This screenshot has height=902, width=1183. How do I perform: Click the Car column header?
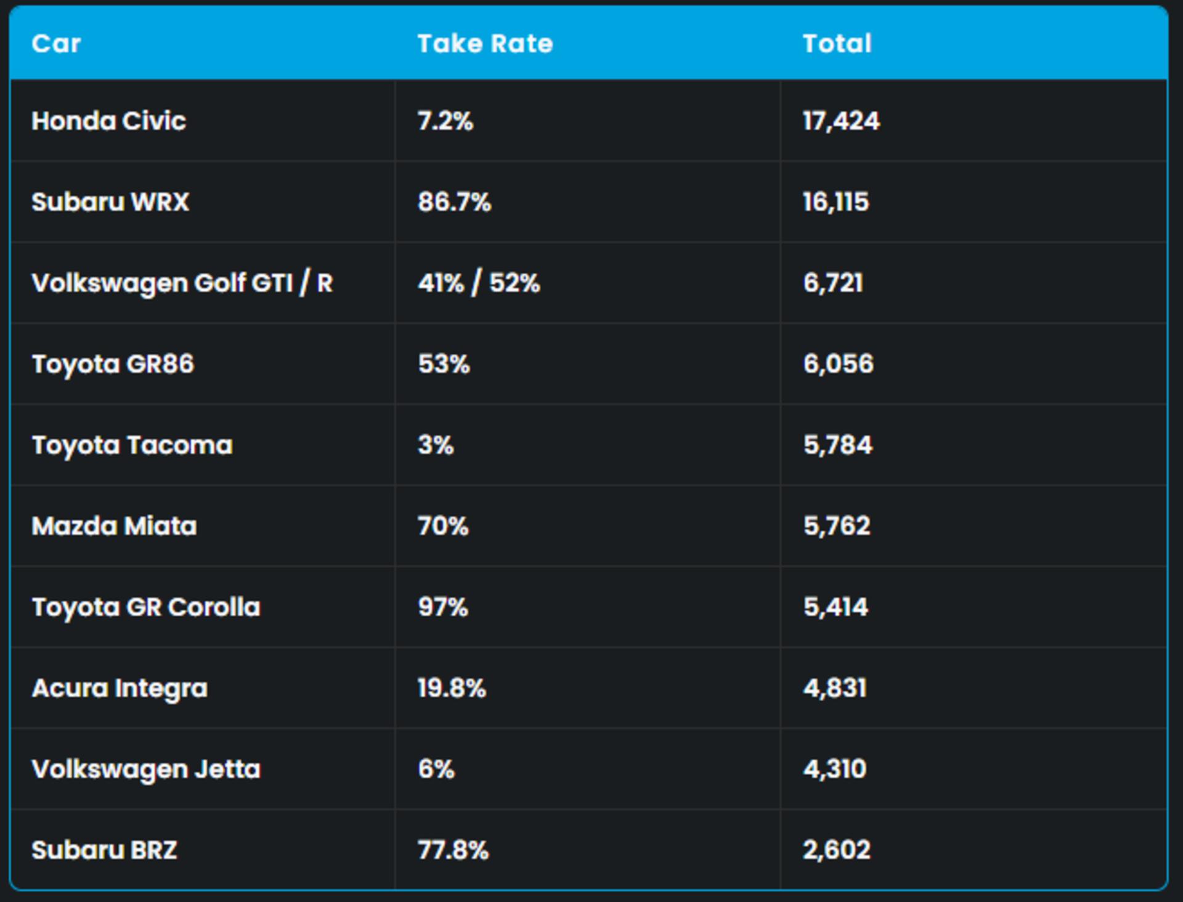(56, 44)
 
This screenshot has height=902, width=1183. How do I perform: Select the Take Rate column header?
(485, 44)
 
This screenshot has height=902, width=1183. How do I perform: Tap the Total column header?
(837, 44)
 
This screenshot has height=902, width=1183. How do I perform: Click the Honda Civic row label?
(108, 121)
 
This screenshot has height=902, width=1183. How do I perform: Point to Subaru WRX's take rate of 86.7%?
(454, 201)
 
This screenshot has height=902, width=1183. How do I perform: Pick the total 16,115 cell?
(835, 201)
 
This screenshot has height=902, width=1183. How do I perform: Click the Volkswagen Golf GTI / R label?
(182, 283)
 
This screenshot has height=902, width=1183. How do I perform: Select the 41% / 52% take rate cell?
(479, 283)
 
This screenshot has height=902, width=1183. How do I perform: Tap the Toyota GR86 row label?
(113, 364)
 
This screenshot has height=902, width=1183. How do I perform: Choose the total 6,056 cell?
(838, 364)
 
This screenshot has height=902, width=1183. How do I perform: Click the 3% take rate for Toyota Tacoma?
(436, 445)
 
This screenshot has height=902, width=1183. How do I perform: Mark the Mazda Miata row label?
(114, 526)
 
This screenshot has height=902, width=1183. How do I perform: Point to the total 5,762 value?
(837, 526)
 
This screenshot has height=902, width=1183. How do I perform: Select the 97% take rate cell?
(443, 607)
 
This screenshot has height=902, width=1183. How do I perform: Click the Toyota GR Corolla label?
(146, 607)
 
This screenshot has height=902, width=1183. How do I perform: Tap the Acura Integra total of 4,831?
(835, 688)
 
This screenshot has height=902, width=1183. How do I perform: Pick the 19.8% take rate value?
(452, 688)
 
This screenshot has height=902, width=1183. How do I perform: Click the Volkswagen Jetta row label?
(146, 770)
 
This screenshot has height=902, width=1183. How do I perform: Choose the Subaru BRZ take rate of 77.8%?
(453, 850)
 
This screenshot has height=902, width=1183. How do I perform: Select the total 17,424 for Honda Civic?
(841, 121)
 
